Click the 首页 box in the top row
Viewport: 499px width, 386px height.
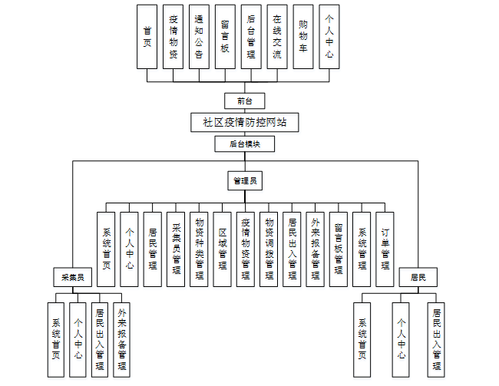pyautogui.click(x=147, y=37)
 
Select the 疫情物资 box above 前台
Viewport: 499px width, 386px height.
pyautogui.click(x=173, y=37)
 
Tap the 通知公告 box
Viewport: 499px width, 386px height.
pyautogui.click(x=199, y=37)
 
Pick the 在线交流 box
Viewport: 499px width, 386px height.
pyautogui.click(x=277, y=37)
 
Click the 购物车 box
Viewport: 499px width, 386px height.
pyautogui.click(x=303, y=37)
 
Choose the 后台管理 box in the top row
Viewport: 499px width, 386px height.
pyautogui.click(x=251, y=37)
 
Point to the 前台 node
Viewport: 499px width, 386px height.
pyautogui.click(x=244, y=101)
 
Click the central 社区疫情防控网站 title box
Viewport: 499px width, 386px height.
pyautogui.click(x=244, y=122)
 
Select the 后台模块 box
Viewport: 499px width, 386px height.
pyautogui.click(x=244, y=144)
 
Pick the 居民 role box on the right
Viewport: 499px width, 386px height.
pyautogui.click(x=418, y=275)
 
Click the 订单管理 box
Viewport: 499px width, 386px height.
pyautogui.click(x=385, y=249)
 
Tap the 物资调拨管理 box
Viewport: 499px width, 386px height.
pyautogui.click(x=269, y=249)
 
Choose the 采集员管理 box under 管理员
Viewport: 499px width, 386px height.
pyautogui.click(x=176, y=249)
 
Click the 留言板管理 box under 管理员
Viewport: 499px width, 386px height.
pyautogui.click(x=339, y=249)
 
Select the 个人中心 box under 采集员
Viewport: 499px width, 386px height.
pyautogui.click(x=78, y=338)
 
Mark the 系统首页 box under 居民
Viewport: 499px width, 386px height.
pyautogui.click(x=362, y=338)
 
